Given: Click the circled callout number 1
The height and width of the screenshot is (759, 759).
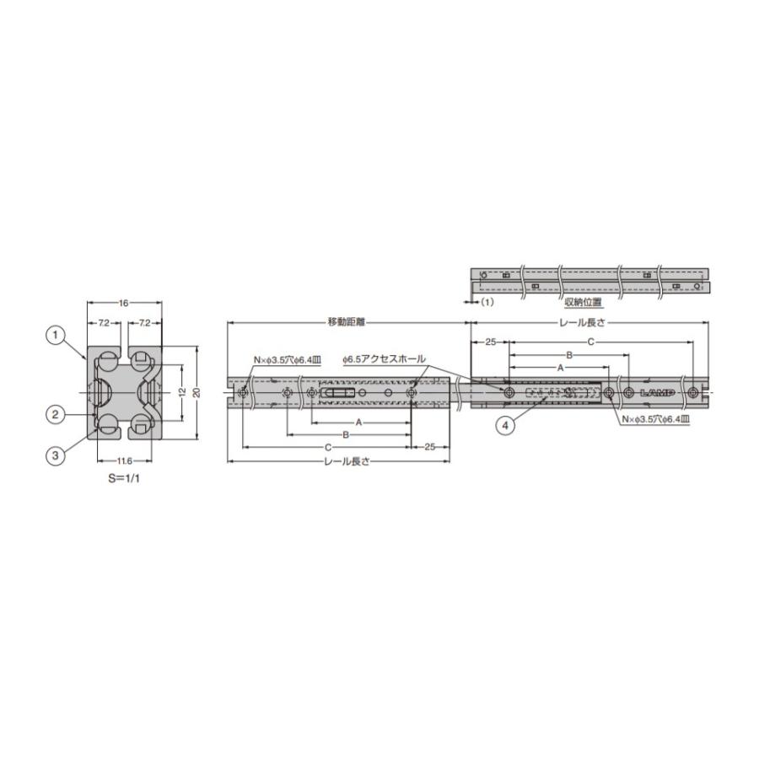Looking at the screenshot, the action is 55,335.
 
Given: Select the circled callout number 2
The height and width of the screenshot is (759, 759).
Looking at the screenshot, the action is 55,414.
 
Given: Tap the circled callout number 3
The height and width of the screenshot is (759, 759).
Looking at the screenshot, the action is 55,455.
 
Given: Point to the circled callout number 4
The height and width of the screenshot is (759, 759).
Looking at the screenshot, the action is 506,426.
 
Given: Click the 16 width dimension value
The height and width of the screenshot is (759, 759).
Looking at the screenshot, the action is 124,303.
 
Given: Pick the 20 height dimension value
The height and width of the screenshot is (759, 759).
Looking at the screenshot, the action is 196,391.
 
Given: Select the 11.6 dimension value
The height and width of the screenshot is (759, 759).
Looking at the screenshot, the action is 125,460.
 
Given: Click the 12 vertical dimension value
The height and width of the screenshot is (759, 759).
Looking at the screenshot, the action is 182,391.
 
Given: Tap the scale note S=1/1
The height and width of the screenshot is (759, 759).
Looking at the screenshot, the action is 124,479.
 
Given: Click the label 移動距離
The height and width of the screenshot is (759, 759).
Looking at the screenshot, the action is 346,322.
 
